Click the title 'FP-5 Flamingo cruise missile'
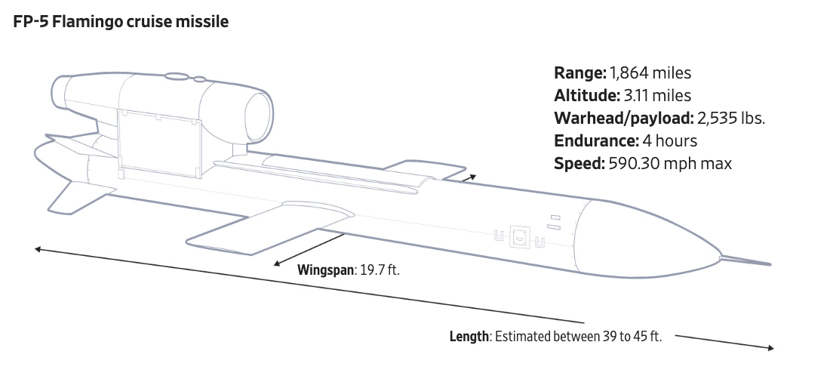[121, 22]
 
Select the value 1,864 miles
[650, 73]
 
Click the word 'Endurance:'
[595, 141]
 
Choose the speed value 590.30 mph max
[670, 164]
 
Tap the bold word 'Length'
[469, 337]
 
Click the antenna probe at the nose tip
[747, 261]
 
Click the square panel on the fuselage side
[519, 236]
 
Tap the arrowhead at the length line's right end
[770, 347]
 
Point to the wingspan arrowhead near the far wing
[472, 176]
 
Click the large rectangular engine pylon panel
[159, 142]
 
